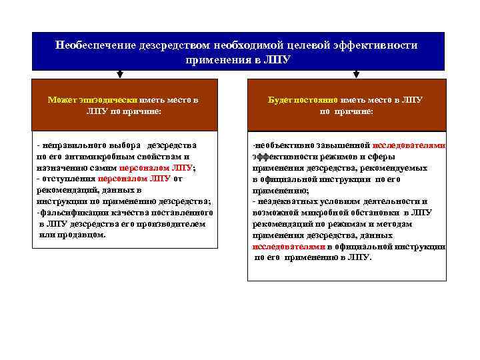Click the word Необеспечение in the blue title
(95, 46)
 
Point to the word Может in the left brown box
(63, 99)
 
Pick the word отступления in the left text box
(68, 179)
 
